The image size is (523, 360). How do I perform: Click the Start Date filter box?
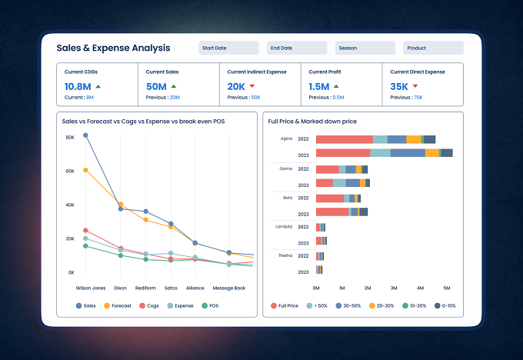click(x=228, y=48)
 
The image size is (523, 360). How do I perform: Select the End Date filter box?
click(x=297, y=48)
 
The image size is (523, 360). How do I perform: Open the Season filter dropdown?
click(x=365, y=48)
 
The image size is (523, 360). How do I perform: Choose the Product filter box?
click(x=433, y=48)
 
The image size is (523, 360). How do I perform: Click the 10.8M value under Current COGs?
click(x=78, y=87)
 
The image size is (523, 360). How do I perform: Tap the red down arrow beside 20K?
click(x=252, y=86)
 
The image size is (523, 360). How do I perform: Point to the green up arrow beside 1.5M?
click(x=336, y=86)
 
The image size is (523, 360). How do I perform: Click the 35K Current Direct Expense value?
click(x=399, y=87)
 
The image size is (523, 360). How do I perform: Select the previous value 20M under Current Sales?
click(x=175, y=98)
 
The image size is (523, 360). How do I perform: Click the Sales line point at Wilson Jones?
click(x=85, y=135)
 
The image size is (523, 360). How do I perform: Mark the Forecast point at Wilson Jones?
click(x=85, y=170)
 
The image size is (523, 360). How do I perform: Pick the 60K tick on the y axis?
click(x=70, y=172)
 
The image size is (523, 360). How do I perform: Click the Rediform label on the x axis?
click(x=145, y=288)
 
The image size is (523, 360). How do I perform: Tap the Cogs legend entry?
click(x=149, y=305)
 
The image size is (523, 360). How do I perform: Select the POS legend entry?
click(x=210, y=305)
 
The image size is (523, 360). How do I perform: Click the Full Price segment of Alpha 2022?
click(x=345, y=139)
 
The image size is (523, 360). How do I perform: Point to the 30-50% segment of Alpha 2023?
click(x=408, y=153)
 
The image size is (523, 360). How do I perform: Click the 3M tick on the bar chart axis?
click(x=394, y=288)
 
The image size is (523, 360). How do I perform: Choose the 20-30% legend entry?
click(x=381, y=305)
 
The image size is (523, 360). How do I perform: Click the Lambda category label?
click(x=284, y=227)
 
